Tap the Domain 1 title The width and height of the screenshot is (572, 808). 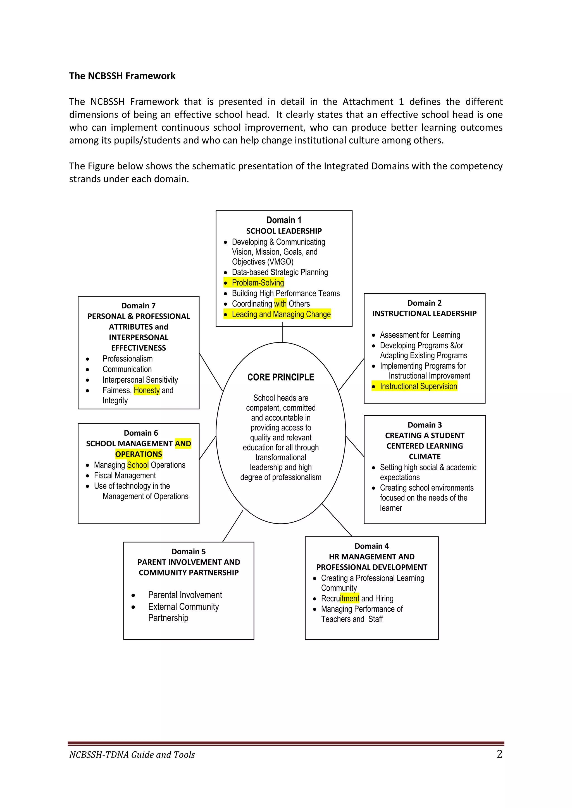283,220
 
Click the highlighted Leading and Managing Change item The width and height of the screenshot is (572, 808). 281,314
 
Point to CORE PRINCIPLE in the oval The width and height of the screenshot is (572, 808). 280,377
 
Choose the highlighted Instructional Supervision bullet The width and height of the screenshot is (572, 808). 418,386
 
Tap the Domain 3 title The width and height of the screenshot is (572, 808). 425,425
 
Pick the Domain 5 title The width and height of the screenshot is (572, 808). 189,552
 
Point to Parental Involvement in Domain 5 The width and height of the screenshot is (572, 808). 185,595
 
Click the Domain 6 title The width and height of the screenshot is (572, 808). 140,433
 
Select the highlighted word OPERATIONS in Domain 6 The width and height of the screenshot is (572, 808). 139,454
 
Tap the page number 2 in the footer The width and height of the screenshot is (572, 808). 499,754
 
